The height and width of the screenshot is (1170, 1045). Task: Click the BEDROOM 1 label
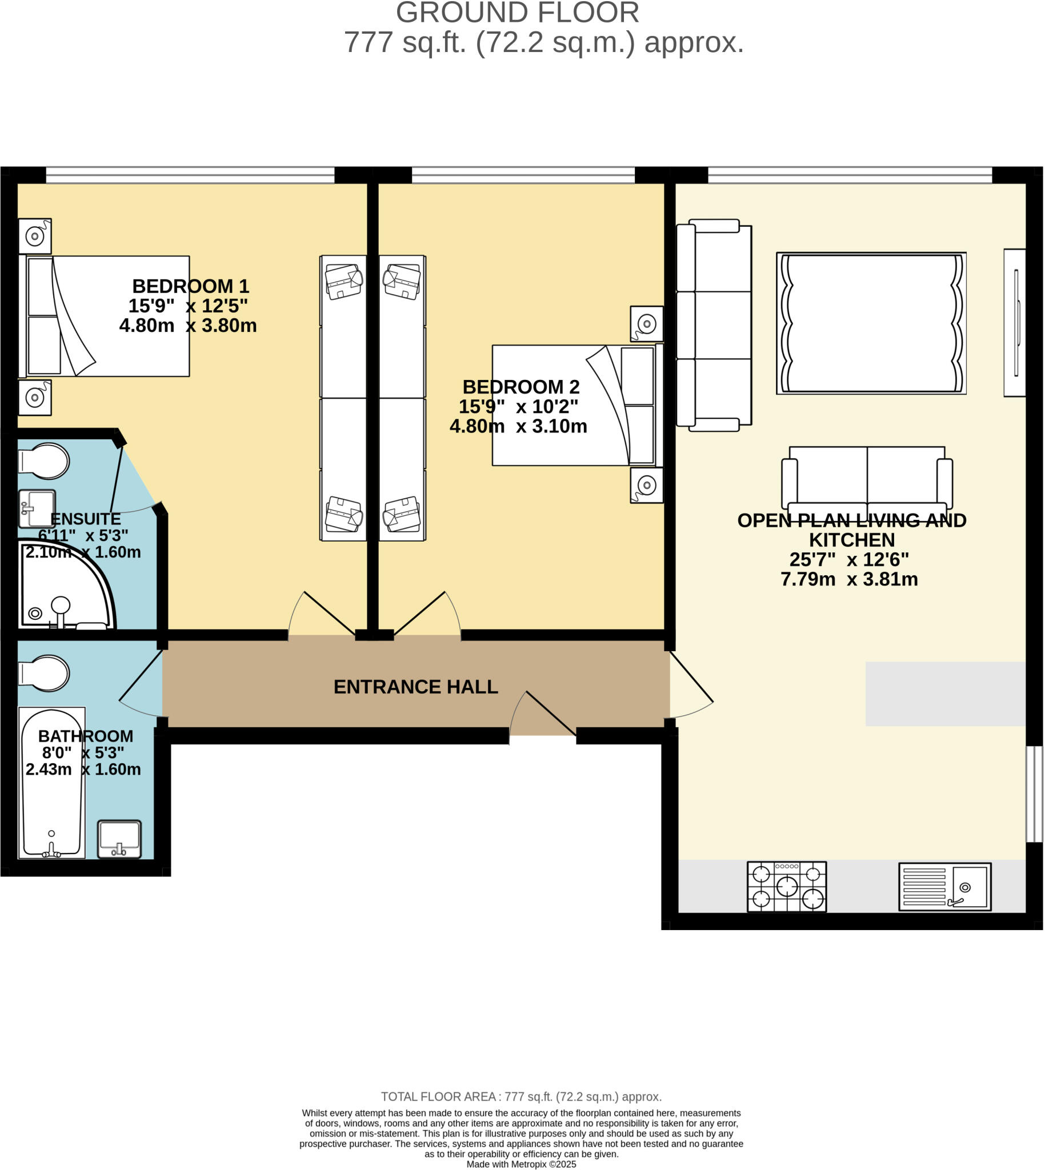pos(190,286)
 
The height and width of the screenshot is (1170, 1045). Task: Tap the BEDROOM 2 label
pos(521,386)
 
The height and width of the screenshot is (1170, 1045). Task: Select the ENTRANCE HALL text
pos(416,687)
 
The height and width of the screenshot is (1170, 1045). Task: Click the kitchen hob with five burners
pos(787,887)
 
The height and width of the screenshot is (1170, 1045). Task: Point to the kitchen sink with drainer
pos(944,887)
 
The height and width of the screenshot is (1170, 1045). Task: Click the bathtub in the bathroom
pos(51,783)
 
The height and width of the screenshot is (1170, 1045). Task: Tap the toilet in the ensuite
pos(45,460)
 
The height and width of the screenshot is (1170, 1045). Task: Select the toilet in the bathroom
pos(45,674)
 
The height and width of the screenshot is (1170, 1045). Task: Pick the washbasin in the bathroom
pos(119,839)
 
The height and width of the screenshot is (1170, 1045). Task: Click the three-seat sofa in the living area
pos(714,325)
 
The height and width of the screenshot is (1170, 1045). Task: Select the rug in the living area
pos(871,323)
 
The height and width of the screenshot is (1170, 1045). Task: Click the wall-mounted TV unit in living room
pos(1015,322)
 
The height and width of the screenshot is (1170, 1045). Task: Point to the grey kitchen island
pos(945,694)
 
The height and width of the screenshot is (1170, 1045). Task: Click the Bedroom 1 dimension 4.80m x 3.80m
pos(188,326)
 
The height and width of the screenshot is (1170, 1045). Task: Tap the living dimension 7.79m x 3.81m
pos(849,579)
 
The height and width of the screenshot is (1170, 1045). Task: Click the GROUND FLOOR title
pos(517,13)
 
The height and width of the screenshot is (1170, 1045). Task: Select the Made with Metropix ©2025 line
pos(521,1164)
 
